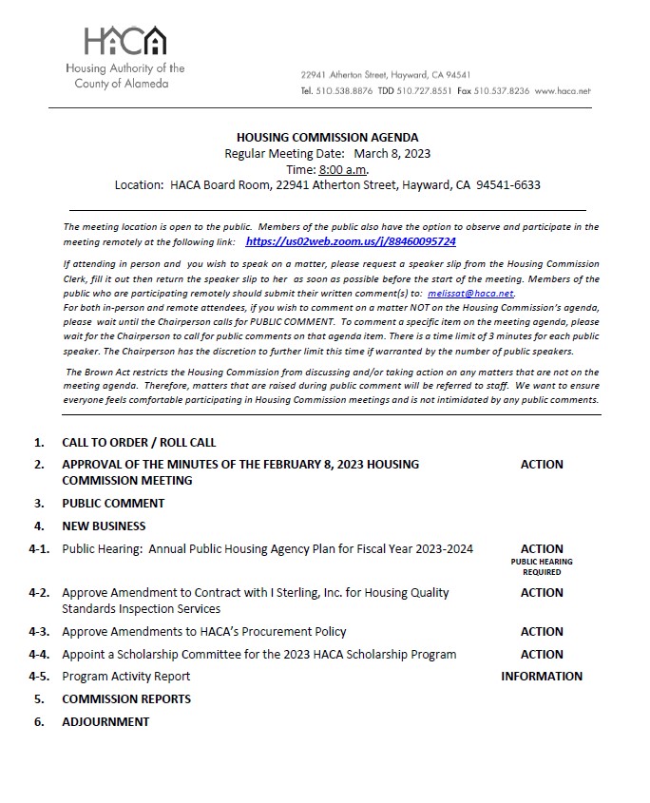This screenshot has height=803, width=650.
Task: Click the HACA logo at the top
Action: [124, 41]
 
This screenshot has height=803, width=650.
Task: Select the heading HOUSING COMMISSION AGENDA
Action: [327, 138]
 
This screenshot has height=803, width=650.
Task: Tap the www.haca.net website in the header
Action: [563, 91]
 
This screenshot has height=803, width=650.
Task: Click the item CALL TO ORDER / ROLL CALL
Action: [139, 442]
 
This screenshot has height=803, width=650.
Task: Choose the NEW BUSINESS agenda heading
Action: [104, 526]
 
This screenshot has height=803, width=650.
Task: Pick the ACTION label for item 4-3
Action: [542, 631]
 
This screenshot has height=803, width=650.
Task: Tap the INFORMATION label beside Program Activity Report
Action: [542, 677]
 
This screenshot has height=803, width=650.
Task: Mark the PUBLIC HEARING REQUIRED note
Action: [542, 566]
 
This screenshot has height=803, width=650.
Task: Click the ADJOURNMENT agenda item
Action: [105, 721]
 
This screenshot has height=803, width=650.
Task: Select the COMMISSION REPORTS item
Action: [126, 698]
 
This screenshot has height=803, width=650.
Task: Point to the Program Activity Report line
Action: [126, 677]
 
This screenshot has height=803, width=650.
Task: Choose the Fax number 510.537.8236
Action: [507, 91]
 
